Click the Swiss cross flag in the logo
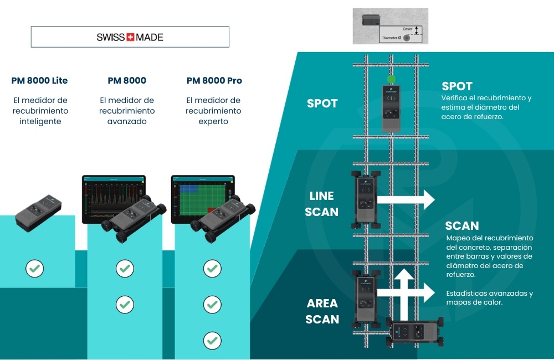131,38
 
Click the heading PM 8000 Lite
39,80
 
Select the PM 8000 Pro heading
214,80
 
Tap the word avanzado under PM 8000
127,121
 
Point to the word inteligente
39,121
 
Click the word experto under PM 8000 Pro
213,121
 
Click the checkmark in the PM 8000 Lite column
34,269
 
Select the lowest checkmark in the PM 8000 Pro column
212,340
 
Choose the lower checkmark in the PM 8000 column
125,304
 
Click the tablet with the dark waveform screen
114,197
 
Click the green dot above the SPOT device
391,79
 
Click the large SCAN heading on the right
462,225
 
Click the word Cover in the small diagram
408,28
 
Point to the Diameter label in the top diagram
391,38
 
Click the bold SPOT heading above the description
457,86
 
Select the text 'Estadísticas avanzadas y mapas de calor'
489,298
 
